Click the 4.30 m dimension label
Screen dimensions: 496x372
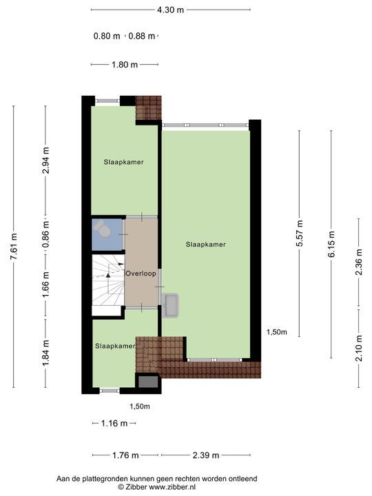click(170, 10)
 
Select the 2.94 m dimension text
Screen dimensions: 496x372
click(45, 161)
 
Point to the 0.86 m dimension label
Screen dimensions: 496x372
click(45, 234)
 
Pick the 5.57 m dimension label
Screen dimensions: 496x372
click(300, 234)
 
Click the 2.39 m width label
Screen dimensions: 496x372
click(205, 455)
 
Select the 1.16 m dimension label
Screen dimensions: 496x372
click(114, 423)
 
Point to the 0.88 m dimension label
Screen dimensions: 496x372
click(142, 36)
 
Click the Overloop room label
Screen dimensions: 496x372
click(141, 273)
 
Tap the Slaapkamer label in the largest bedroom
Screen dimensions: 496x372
click(205, 244)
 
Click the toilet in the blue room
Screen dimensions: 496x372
click(104, 229)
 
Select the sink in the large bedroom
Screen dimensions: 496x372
click(170, 304)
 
